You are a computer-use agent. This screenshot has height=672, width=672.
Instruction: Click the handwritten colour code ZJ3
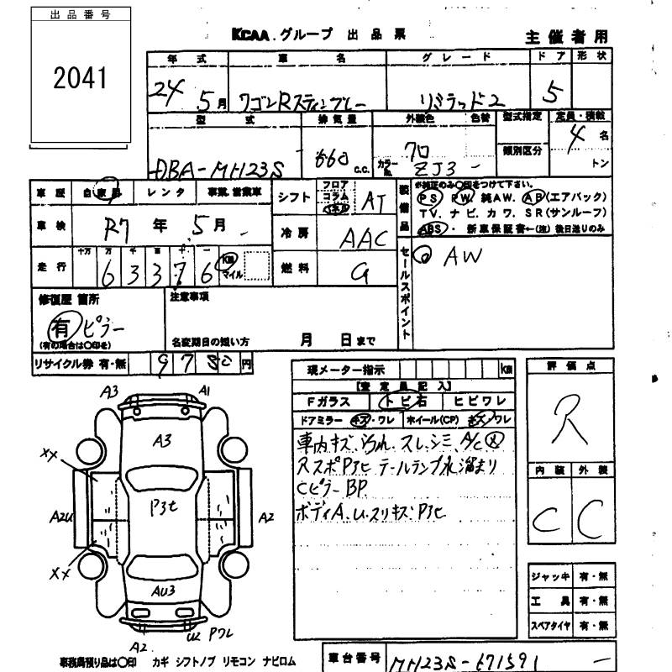pos(444,165)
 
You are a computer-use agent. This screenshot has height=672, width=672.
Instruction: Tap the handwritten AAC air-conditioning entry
pos(363,239)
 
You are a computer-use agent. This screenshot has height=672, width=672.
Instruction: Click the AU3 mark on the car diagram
pos(163,591)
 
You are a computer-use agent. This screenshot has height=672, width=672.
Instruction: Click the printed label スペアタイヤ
pos(551,626)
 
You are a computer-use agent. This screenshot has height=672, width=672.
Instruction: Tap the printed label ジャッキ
pos(550,577)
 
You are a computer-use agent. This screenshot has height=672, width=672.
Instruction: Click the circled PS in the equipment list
pos(431,198)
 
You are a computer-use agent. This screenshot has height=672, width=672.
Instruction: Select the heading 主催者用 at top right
pos(566,36)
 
